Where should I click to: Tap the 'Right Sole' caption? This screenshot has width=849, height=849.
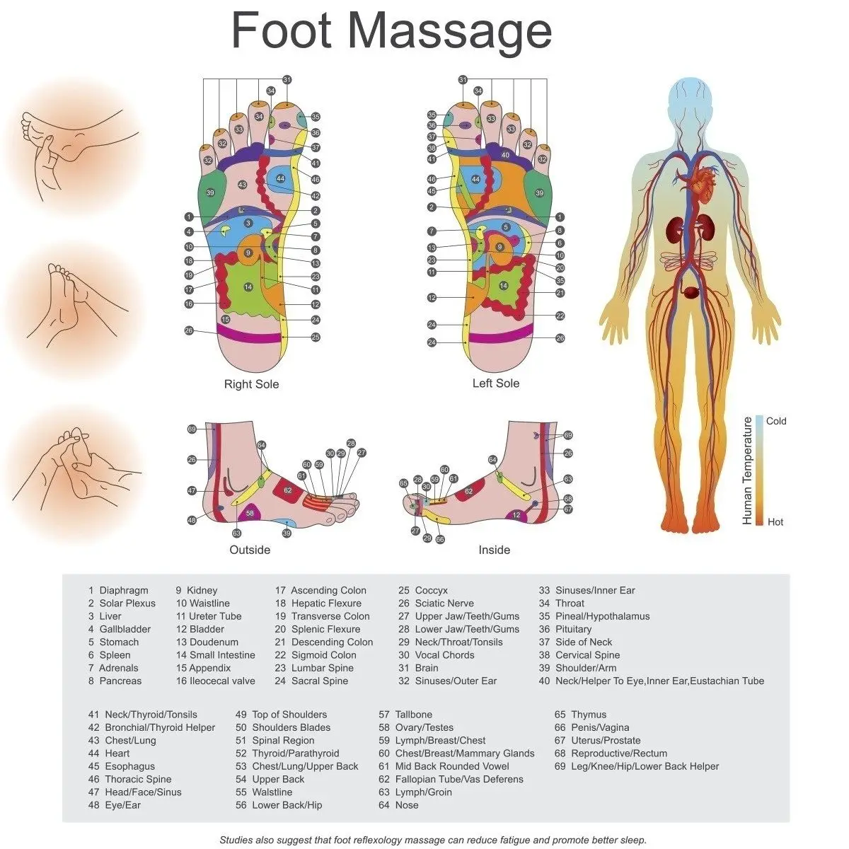point(251,384)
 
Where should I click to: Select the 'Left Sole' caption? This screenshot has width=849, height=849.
point(496,383)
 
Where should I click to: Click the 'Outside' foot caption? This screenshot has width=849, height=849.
point(250,550)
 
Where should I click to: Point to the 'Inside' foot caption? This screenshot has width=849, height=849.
point(494,550)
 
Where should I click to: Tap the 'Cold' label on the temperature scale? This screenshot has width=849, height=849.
point(776,421)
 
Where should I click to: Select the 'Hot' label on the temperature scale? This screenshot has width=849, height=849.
point(775,522)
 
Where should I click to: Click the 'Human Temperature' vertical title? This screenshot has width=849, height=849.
point(747,470)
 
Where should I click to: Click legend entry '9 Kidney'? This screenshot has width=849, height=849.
point(197,590)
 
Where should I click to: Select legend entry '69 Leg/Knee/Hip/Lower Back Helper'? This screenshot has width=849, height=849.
point(637,766)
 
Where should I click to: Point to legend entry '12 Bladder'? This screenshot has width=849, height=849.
point(200,629)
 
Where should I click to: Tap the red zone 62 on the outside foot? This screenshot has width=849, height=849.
point(287,490)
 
